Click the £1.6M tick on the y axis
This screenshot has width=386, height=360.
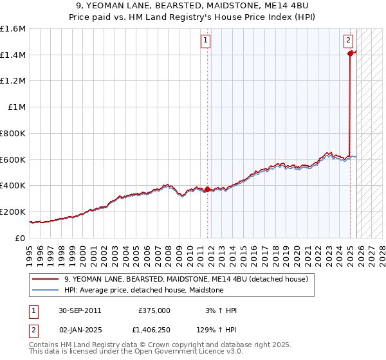(13, 29)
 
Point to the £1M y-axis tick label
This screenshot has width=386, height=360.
(16, 107)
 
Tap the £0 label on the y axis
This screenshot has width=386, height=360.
(21, 238)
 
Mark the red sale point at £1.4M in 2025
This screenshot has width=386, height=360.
(350, 54)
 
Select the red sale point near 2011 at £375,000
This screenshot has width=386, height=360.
(207, 189)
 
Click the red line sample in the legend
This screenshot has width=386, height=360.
(46, 279)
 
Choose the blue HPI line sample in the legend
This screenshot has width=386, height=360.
(46, 290)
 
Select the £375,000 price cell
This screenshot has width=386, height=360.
(154, 310)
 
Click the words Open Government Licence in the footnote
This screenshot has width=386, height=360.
(172, 352)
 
